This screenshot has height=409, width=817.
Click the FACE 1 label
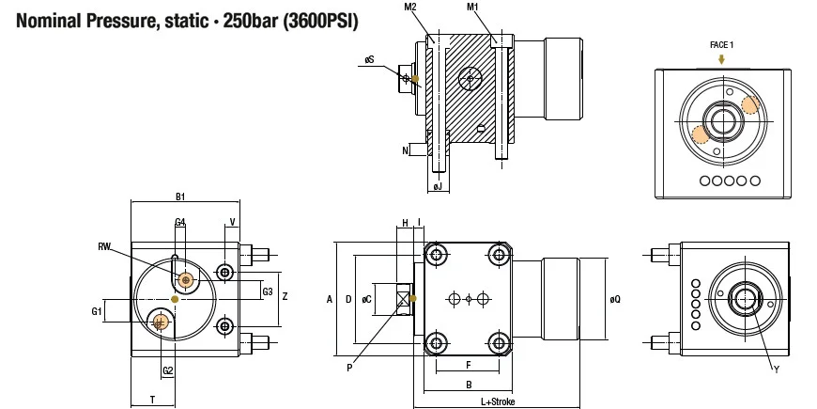point(721,45)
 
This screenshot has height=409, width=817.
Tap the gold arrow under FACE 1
point(721,59)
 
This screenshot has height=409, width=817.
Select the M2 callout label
point(410,7)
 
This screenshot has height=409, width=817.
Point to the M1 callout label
point(472,7)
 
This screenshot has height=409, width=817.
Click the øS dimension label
point(369,60)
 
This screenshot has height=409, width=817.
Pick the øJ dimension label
point(439,187)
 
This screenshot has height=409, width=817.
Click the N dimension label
point(406,150)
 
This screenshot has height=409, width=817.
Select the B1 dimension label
point(180,197)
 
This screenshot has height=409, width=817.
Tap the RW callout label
point(104,246)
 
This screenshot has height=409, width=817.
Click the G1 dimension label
point(97,311)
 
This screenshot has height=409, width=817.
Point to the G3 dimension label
point(268,291)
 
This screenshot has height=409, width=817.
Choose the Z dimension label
point(285,296)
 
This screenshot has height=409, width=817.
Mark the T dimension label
point(152,400)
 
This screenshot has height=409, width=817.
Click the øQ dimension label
point(615,299)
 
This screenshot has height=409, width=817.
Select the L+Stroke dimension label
point(498,401)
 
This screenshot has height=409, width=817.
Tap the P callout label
point(349,368)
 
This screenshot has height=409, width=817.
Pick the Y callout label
point(777,370)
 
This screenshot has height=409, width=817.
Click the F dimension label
point(469,365)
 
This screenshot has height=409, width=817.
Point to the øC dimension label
point(367,299)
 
